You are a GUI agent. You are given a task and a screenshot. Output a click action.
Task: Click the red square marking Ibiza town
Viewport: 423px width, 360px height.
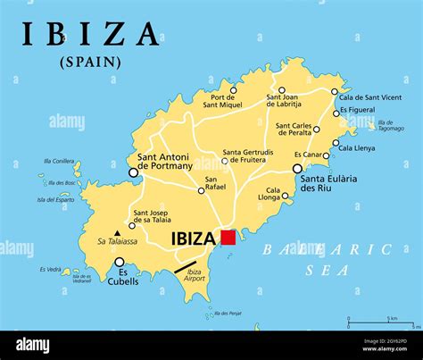coord(228,238)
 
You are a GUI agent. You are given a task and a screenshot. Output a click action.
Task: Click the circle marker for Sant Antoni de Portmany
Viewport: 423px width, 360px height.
coord(133,172)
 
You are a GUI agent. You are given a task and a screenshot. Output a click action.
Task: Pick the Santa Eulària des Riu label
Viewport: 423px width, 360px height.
coord(329,183)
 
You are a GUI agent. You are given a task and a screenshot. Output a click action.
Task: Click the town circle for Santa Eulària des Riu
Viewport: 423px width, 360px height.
coord(297,168)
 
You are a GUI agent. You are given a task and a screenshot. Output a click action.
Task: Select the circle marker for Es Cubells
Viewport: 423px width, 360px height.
coord(120,263)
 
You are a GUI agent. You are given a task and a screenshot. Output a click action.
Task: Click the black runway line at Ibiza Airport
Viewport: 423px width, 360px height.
coord(186,266)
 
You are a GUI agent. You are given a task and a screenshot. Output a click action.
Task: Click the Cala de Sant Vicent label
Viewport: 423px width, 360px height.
coord(370,96)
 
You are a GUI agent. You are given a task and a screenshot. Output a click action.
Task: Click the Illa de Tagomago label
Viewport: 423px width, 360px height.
coord(391,125)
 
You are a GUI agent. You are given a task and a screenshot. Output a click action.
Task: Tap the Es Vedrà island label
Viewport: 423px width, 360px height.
coord(51,269)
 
